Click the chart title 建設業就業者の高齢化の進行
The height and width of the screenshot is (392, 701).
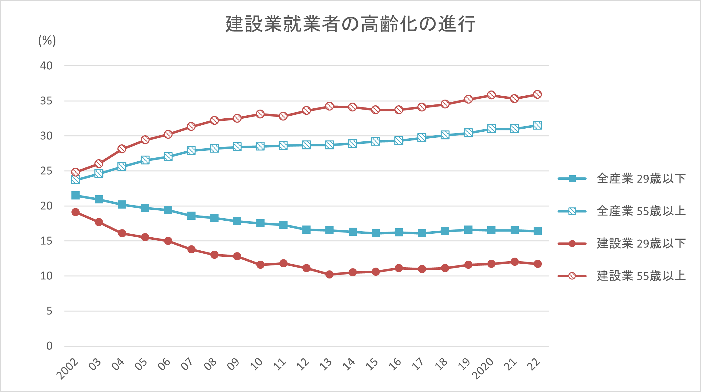click(350, 24)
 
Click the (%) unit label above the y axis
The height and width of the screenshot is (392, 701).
click(47, 40)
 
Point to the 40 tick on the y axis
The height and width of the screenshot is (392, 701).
click(46, 66)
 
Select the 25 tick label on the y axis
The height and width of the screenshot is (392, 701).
click(46, 171)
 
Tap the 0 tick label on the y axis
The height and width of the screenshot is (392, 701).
click(49, 346)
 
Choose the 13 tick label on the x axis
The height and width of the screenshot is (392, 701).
click(326, 364)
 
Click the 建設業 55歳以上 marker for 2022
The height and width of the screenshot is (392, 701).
click(537, 94)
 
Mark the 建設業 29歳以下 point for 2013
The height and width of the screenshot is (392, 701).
click(329, 275)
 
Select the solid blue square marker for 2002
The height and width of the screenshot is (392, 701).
click(75, 196)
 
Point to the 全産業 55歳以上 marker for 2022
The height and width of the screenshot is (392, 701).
click(537, 125)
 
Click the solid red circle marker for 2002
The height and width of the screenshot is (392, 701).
click(75, 212)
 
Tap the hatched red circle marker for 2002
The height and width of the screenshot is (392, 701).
click(75, 172)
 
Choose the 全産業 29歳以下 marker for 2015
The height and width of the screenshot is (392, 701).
click(376, 233)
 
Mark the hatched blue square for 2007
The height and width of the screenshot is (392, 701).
click(191, 150)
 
